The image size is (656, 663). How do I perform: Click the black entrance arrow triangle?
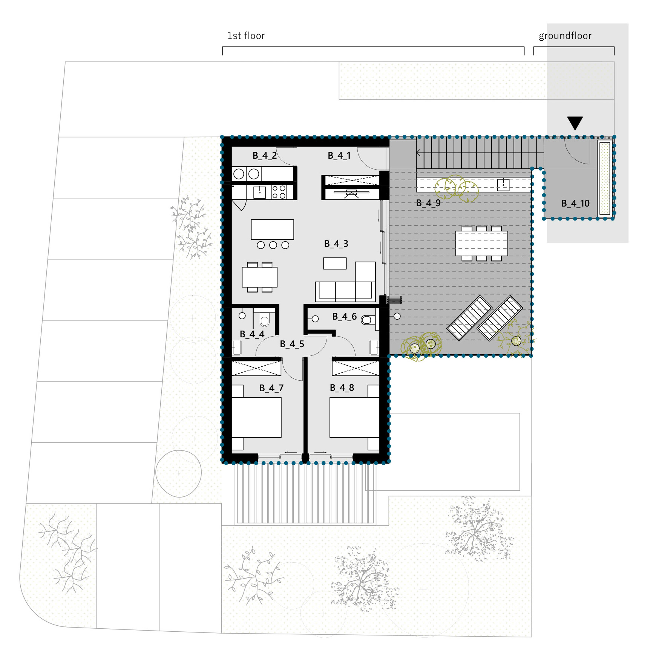tap(575, 122)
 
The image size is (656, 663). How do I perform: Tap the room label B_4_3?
tap(336, 244)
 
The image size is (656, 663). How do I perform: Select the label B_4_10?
tap(575, 204)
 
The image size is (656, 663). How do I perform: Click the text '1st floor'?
tap(246, 36)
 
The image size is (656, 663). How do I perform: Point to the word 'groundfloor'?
tap(565, 36)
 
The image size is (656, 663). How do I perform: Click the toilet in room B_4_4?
tap(264, 318)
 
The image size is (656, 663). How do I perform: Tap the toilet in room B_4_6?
tap(368, 320)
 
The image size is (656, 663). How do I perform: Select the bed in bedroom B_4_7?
tap(256, 417)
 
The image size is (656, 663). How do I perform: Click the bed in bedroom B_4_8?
tap(354, 417)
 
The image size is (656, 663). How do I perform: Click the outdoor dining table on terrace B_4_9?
tap(482, 243)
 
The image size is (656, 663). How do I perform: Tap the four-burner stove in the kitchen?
tap(279, 192)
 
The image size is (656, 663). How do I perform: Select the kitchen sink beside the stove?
tap(259, 192)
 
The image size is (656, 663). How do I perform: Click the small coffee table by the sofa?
tap(335, 263)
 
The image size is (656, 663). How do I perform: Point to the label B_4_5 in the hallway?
tap(292, 344)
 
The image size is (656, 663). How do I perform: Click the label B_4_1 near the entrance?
tap(339, 156)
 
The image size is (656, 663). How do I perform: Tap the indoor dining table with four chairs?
tap(260, 277)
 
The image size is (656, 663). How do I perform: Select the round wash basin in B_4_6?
tap(315, 319)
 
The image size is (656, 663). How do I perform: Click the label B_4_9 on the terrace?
tap(428, 203)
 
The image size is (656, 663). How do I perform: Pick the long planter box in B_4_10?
tap(605, 179)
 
